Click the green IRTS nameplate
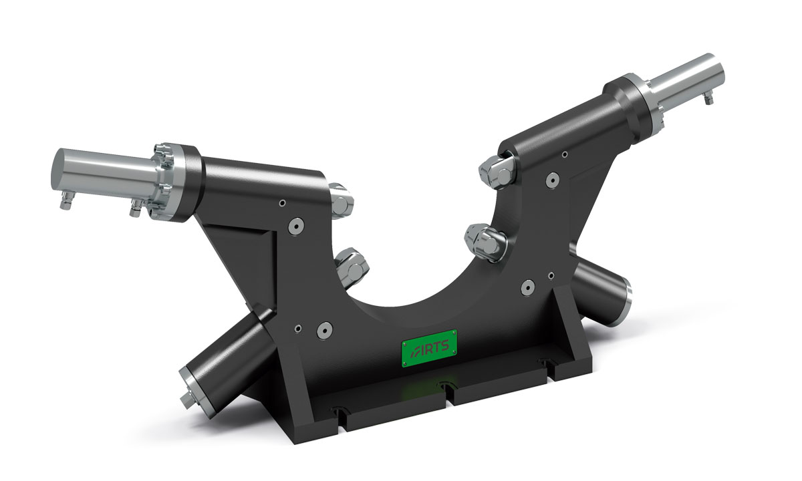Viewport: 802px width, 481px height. (x=429, y=348)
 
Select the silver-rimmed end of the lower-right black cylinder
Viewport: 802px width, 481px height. (x=621, y=300)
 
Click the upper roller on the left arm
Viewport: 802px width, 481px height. (x=340, y=201)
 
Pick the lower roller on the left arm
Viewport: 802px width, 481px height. (x=352, y=267)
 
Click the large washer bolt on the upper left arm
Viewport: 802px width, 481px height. (x=296, y=226)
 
